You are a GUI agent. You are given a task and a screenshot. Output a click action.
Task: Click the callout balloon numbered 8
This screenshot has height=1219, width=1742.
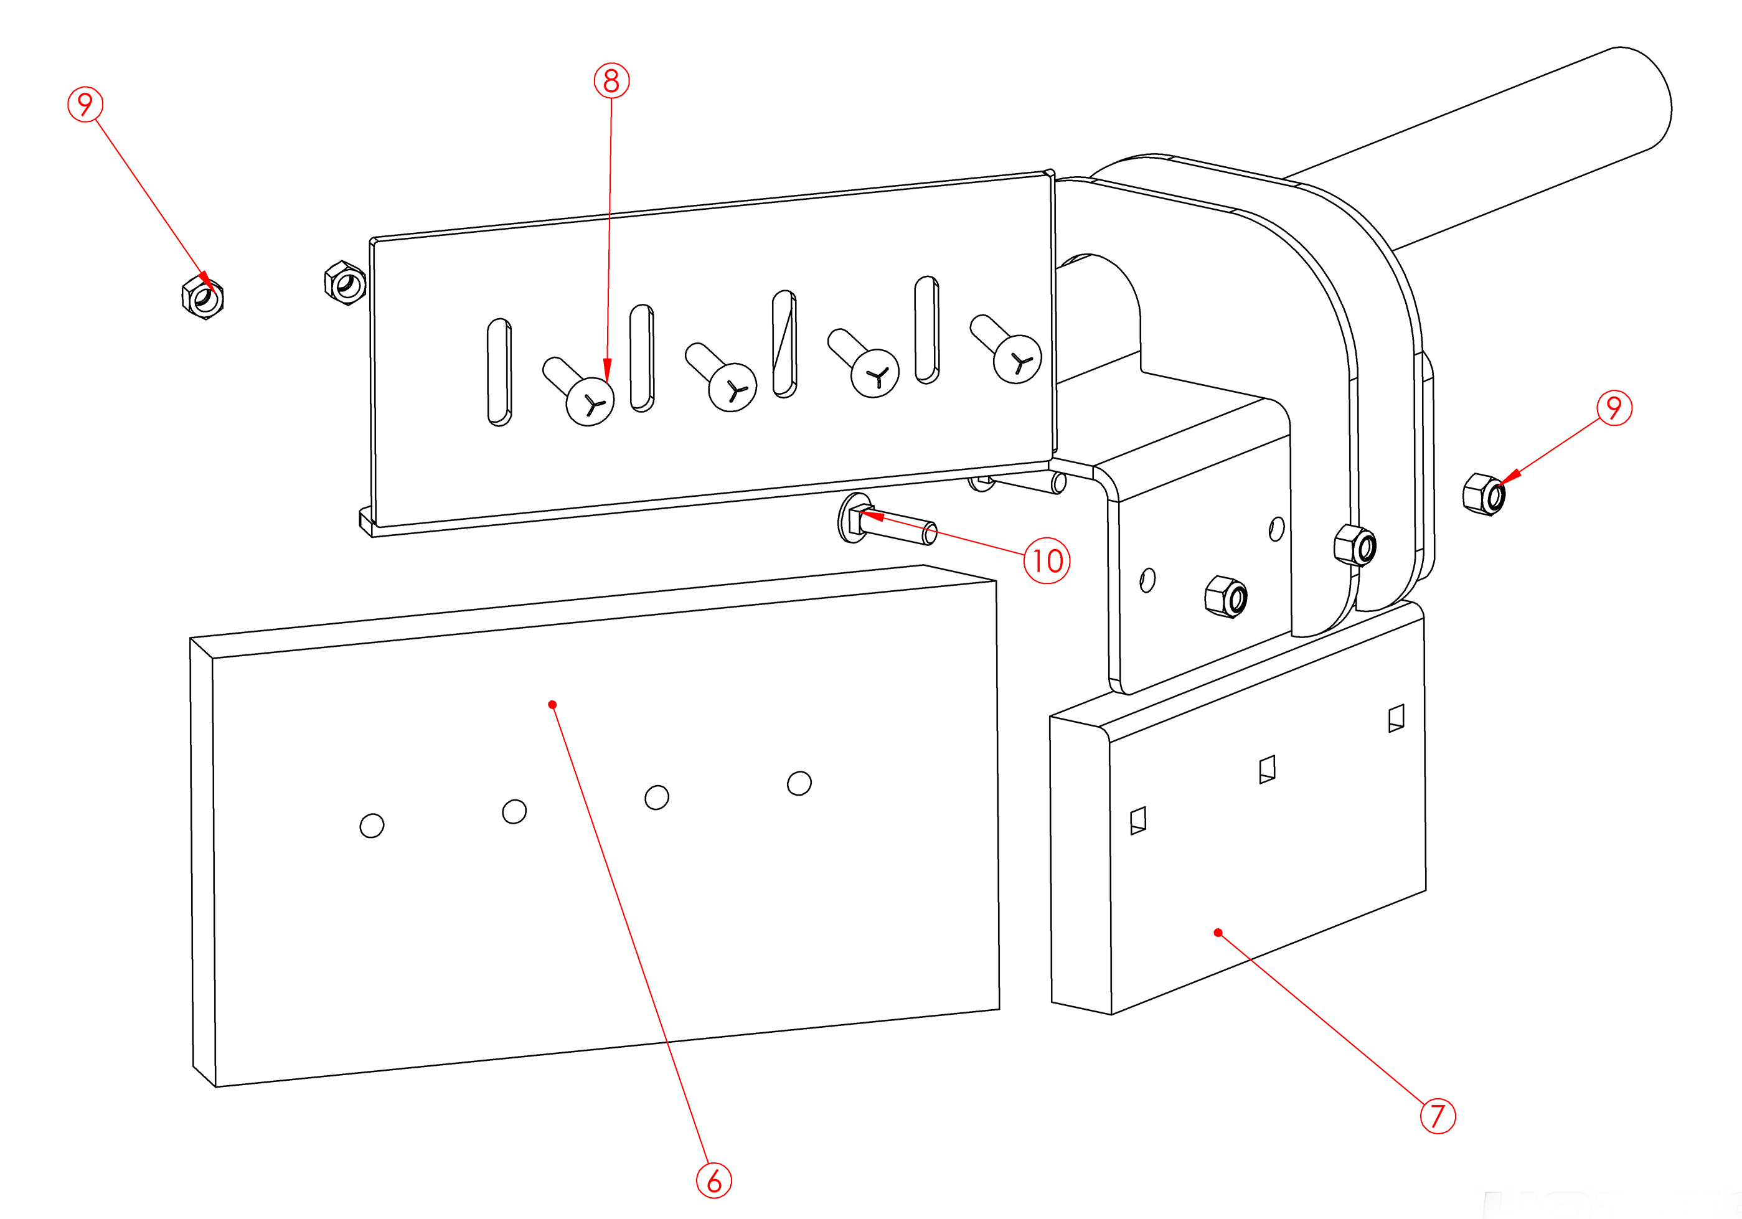point(611,80)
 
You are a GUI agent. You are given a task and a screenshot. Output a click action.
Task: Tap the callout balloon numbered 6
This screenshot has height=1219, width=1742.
point(714,1180)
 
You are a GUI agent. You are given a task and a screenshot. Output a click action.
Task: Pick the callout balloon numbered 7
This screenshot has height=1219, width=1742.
point(1437,1115)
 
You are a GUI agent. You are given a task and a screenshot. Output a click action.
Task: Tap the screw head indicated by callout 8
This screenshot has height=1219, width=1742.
point(590,402)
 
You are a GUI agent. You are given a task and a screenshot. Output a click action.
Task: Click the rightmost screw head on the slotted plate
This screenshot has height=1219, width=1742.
point(1017,359)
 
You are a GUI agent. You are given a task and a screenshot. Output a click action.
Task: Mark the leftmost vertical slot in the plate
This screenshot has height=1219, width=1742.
point(499,372)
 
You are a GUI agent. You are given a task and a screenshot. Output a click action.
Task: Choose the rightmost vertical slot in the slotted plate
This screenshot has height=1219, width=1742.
point(926,329)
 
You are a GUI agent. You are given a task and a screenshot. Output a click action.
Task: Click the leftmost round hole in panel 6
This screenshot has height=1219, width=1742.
point(372,826)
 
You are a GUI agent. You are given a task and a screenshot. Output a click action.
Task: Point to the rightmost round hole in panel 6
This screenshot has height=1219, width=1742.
point(799,783)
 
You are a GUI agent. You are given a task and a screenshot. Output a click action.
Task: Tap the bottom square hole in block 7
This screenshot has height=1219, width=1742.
point(1138,820)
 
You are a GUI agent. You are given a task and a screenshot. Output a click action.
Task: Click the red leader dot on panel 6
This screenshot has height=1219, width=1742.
point(552,705)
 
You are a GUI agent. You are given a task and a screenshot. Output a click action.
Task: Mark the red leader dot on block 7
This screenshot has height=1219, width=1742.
point(1218,932)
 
